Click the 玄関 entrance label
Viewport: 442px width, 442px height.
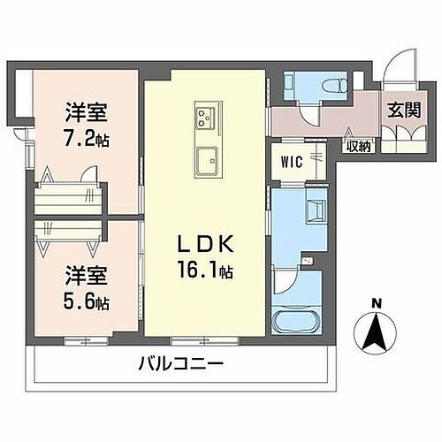(400, 112)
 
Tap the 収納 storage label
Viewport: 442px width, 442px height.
(357, 147)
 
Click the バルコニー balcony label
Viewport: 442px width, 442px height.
(180, 363)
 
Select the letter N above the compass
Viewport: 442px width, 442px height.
(377, 306)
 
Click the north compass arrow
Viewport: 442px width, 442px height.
(377, 334)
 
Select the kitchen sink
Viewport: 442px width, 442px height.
(206, 160)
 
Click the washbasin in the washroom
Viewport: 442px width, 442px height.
(315, 210)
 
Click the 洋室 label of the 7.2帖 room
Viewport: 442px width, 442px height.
(86, 113)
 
